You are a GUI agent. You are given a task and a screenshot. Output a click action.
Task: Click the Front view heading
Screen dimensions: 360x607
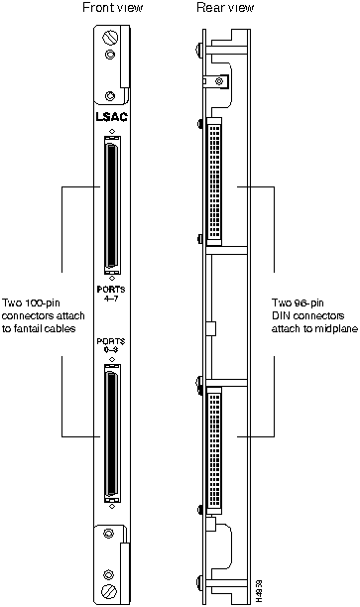[113, 7]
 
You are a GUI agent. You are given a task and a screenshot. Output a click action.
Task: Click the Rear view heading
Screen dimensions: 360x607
[225, 7]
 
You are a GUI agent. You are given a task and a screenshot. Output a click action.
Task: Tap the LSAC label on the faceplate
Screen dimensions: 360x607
[111, 117]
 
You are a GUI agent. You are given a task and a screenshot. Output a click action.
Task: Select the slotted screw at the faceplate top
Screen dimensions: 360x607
[109, 38]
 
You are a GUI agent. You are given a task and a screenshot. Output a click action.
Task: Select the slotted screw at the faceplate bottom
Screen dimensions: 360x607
[108, 592]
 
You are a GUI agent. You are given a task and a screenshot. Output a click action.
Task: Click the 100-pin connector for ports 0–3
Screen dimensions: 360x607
[112, 432]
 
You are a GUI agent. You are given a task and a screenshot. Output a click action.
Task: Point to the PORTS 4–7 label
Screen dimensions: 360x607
[111, 294]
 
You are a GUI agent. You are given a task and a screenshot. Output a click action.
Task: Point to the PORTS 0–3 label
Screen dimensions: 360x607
[111, 345]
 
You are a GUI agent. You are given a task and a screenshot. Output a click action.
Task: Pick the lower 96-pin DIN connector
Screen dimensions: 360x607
[215, 451]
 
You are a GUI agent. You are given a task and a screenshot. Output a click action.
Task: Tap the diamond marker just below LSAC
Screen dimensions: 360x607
[111, 131]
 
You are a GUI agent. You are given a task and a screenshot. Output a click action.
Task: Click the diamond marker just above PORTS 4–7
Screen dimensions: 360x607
[112, 278]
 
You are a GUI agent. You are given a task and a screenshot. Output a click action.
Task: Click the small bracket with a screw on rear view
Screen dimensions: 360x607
[217, 81]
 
